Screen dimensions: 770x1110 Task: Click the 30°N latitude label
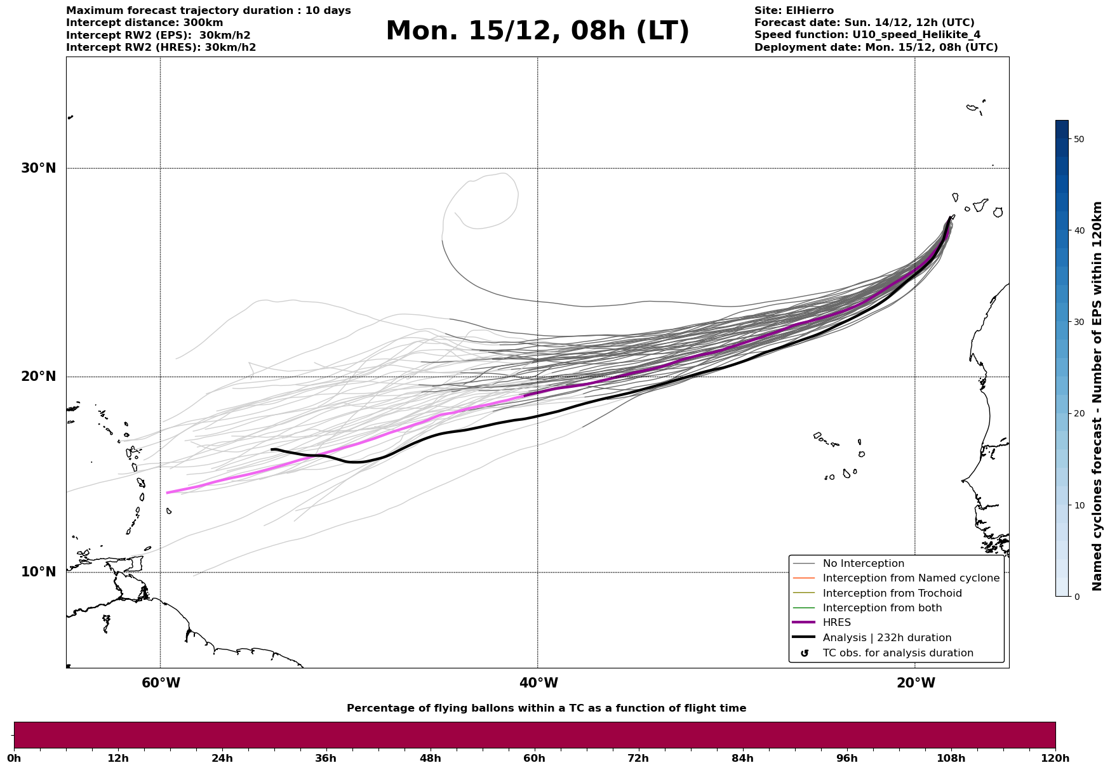pos(38,168)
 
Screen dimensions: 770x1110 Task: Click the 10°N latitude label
pos(38,572)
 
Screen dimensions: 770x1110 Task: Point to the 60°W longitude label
pos(161,683)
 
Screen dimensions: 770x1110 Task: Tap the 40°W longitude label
pos(538,683)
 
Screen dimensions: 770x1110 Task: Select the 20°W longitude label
pos(916,683)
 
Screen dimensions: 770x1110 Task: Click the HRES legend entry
pos(836,623)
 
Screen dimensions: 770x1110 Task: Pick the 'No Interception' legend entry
pos(863,564)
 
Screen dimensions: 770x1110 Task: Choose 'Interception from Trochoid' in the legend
pos(892,594)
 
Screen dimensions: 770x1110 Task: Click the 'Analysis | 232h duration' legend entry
pos(886,638)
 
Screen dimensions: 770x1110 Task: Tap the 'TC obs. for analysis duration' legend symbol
pos(805,653)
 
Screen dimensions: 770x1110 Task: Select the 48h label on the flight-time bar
pos(430,759)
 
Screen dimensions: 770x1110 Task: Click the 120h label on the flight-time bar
pos(1055,759)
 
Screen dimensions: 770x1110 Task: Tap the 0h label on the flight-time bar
pos(14,759)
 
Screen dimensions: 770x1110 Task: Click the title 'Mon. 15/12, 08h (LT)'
pos(537,31)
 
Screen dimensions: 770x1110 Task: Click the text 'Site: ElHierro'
pos(794,11)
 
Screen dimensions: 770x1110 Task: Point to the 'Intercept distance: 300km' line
pos(145,23)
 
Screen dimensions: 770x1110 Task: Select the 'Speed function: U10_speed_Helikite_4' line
pos(867,35)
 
